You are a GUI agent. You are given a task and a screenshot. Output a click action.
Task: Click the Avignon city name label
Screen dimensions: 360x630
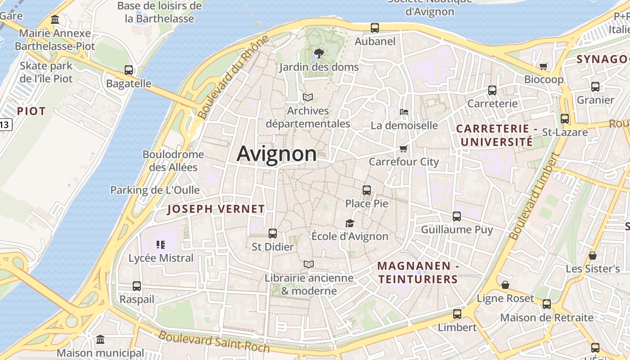click(277, 154)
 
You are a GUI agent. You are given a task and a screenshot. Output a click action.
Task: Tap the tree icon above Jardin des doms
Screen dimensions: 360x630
click(319, 54)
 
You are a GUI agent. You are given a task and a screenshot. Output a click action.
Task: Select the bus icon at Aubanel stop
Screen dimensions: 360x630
click(375, 28)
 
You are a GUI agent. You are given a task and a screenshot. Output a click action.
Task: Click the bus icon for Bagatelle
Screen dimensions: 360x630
click(129, 70)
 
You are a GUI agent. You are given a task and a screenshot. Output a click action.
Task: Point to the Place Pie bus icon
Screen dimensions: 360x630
click(367, 190)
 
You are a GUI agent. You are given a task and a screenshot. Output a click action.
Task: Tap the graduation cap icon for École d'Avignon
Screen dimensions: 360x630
click(350, 223)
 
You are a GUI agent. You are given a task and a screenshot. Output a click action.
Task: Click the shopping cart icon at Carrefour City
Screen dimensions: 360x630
click(404, 148)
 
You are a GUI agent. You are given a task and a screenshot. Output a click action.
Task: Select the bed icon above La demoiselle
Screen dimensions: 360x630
click(404, 112)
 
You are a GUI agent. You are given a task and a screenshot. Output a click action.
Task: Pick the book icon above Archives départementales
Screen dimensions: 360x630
click(308, 97)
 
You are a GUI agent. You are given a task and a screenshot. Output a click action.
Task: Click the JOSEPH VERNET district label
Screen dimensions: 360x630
click(216, 209)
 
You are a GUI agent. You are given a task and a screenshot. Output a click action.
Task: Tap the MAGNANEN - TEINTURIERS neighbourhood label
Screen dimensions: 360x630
click(418, 273)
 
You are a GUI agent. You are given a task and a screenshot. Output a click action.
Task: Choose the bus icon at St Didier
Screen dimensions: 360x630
click(273, 234)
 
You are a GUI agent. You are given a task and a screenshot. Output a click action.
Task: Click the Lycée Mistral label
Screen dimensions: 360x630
click(161, 258)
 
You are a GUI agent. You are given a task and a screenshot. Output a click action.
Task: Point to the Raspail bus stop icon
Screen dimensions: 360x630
click(137, 286)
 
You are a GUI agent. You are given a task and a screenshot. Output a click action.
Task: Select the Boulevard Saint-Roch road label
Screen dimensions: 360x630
click(214, 342)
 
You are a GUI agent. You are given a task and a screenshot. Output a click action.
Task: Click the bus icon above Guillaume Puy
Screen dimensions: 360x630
click(457, 216)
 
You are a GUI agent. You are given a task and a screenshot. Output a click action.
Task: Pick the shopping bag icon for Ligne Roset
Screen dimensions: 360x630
click(505, 285)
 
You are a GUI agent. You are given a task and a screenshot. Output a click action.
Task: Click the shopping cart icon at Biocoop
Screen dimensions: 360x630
click(543, 66)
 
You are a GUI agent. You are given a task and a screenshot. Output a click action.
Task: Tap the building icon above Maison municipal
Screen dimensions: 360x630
click(100, 339)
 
